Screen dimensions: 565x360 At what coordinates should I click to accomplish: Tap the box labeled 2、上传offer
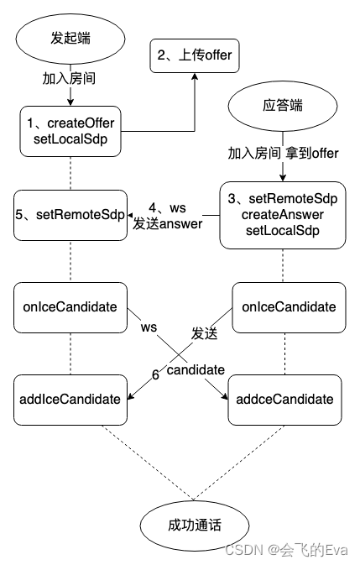pyautogui.click(x=194, y=55)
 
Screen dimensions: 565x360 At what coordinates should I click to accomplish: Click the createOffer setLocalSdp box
pyautogui.click(x=70, y=132)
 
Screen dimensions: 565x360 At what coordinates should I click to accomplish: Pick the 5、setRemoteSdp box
pyautogui.click(x=70, y=216)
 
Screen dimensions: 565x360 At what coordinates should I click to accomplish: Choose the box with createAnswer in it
pyautogui.click(x=283, y=216)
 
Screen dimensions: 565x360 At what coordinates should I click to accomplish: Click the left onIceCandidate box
pyautogui.click(x=70, y=307)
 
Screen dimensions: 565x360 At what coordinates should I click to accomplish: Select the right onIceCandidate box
pyautogui.click(x=283, y=307)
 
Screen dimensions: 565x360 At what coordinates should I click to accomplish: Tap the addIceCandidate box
pyautogui.click(x=70, y=399)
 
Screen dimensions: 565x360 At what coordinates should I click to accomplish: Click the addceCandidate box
pyautogui.click(x=283, y=399)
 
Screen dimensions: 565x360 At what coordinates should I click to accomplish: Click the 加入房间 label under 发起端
pyautogui.click(x=70, y=81)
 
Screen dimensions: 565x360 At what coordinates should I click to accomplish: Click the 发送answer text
pyautogui.click(x=168, y=223)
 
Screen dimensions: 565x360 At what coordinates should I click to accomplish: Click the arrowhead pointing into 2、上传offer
pyautogui.click(x=194, y=76)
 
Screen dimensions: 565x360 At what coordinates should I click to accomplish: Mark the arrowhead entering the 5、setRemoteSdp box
pyautogui.click(x=129, y=216)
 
